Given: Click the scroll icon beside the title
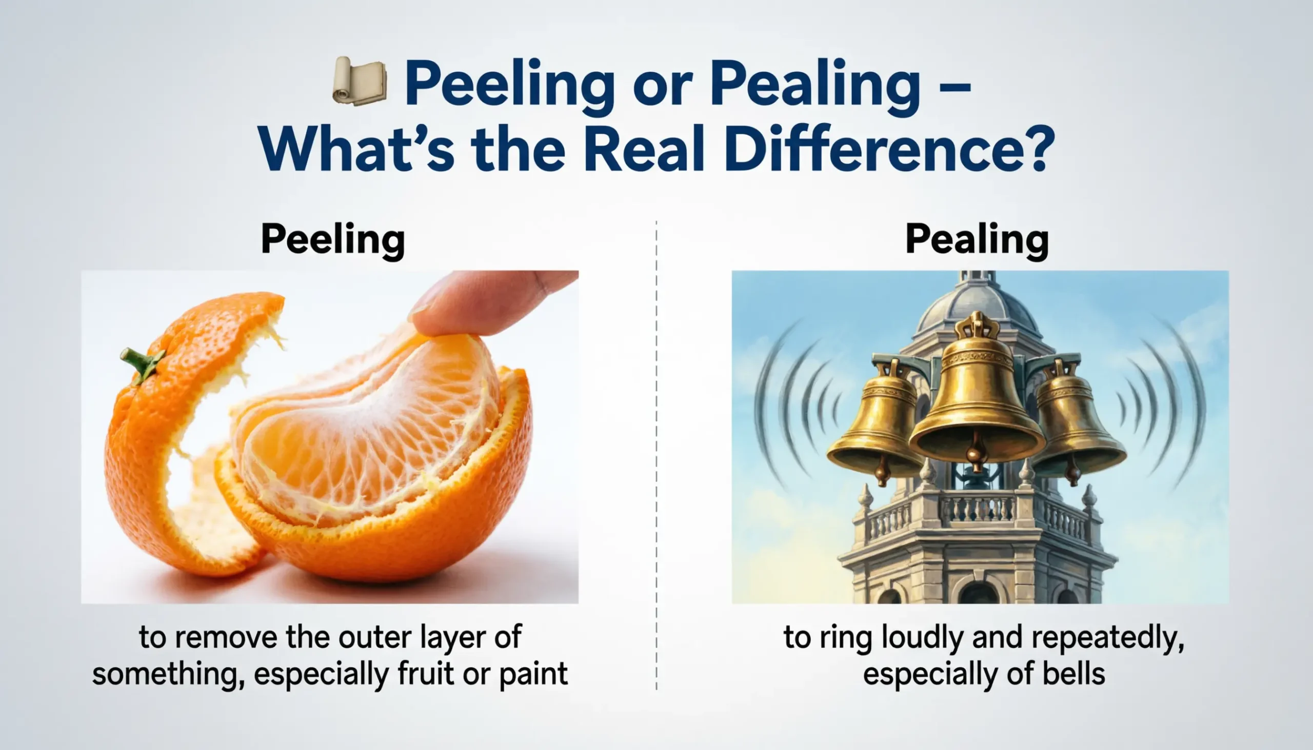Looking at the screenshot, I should (x=360, y=81).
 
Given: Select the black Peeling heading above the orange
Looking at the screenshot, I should (x=333, y=239).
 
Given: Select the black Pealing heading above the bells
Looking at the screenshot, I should (x=977, y=239).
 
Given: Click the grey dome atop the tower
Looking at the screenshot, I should (x=976, y=304).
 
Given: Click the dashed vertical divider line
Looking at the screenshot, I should (x=656, y=453).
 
